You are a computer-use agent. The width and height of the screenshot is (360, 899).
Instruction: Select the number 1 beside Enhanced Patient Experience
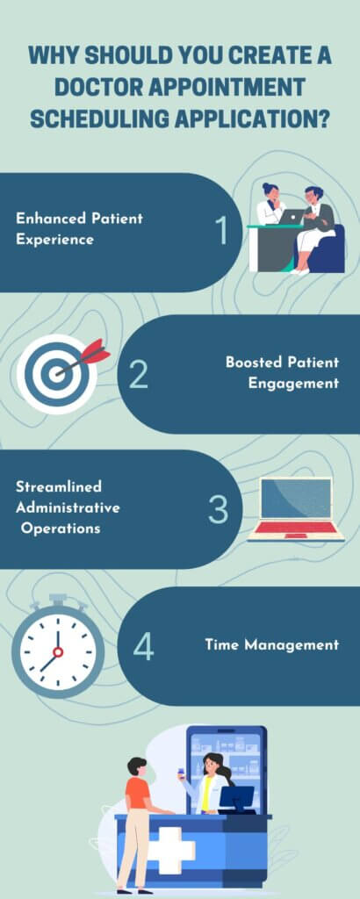(221, 230)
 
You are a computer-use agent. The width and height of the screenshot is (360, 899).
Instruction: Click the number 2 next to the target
(139, 374)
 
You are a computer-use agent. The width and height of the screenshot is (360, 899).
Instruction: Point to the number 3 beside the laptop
(218, 510)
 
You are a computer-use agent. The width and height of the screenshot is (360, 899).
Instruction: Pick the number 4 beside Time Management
(143, 646)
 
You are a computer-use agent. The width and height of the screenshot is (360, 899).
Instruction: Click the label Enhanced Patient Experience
(79, 228)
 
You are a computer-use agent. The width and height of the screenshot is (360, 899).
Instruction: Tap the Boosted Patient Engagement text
(282, 372)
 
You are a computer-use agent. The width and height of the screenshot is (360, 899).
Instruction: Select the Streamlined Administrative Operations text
(68, 507)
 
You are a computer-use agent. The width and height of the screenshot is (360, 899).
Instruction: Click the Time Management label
(271, 644)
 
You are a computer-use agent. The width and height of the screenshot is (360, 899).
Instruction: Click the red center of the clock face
(58, 651)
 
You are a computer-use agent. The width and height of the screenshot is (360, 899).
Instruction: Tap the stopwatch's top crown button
(58, 601)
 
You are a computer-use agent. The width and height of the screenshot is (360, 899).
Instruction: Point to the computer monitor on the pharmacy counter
(236, 797)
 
